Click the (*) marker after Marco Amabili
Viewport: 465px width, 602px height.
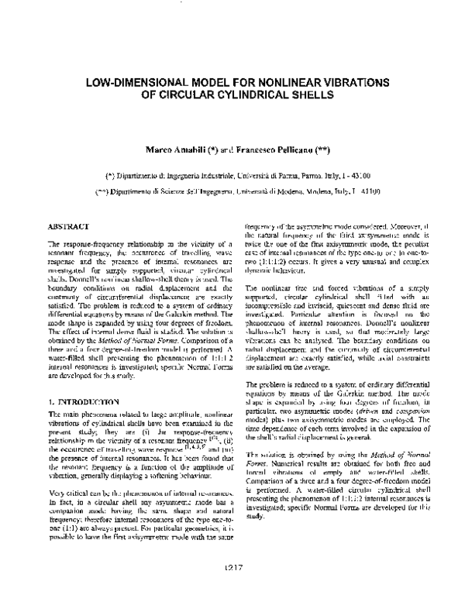point(203,146)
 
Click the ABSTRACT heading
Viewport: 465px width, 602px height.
point(68,226)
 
